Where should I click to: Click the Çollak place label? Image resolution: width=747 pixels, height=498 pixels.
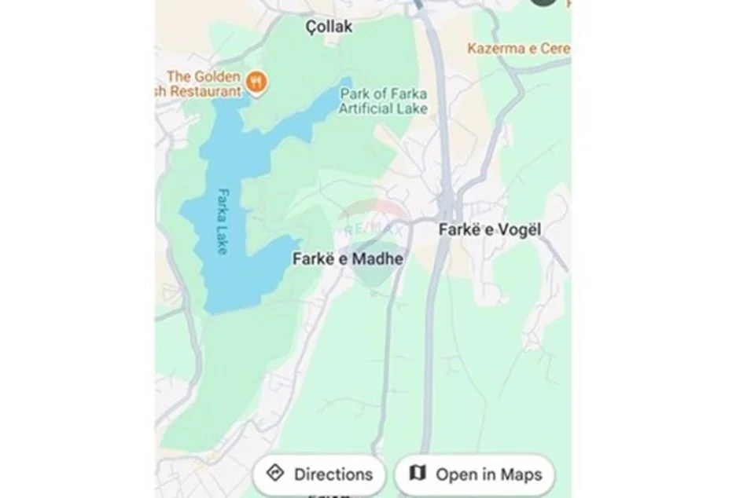(329, 27)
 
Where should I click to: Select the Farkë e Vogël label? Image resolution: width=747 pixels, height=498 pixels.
(491, 230)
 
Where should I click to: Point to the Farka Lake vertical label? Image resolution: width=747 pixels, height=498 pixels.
(224, 221)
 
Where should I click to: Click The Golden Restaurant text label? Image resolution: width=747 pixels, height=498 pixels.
(204, 83)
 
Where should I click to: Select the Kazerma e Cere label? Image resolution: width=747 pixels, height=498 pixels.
(519, 49)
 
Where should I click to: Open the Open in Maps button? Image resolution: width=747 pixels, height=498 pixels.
(474, 474)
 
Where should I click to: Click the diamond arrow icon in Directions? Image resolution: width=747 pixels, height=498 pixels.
(275, 474)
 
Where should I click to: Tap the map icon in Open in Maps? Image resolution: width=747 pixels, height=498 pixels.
(418, 474)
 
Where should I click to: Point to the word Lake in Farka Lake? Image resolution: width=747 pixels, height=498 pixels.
(224, 240)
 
